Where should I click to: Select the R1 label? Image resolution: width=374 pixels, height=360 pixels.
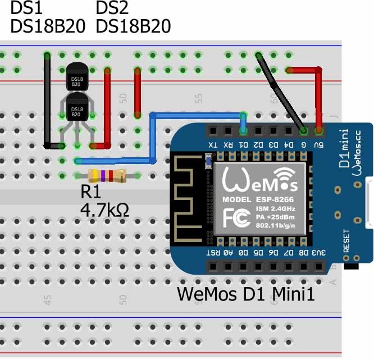(x=91, y=193)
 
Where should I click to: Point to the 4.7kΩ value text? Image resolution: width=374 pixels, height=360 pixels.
(x=106, y=211)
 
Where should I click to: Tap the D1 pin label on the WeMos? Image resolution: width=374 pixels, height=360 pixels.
(x=243, y=145)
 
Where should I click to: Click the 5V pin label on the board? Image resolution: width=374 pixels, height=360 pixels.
(x=319, y=145)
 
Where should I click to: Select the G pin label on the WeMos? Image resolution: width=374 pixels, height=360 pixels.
(x=304, y=145)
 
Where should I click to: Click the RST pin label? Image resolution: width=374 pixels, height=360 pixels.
(x=212, y=253)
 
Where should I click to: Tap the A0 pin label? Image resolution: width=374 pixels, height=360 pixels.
(x=227, y=253)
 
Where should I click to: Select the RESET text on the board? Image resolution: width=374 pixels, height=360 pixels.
(x=346, y=240)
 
